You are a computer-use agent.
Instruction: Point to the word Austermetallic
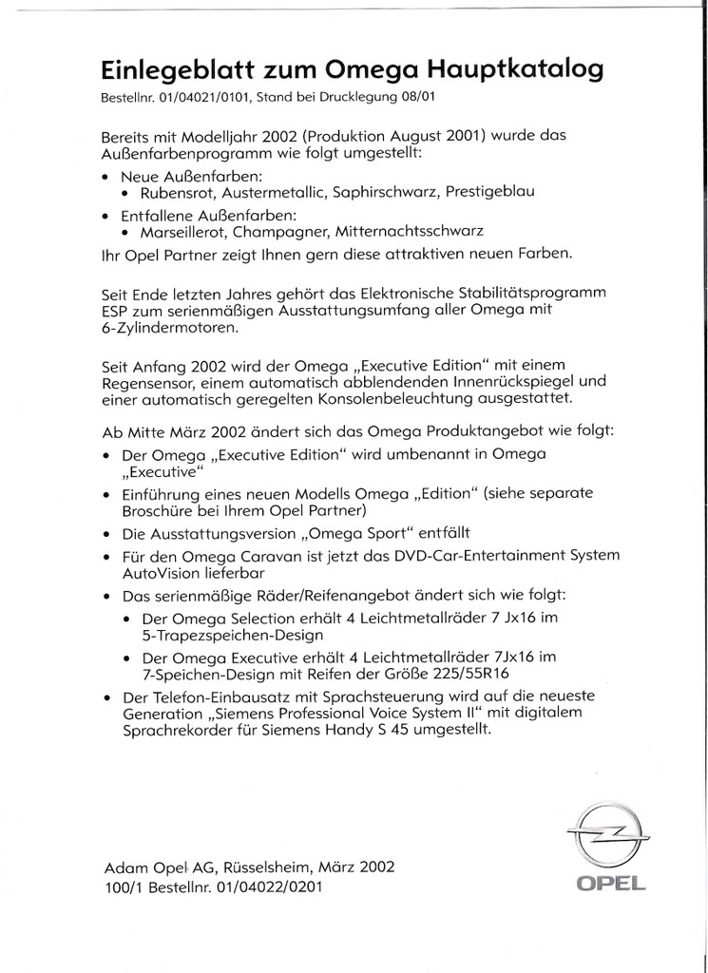click(x=276, y=192)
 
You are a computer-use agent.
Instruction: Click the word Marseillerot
click(x=184, y=231)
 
